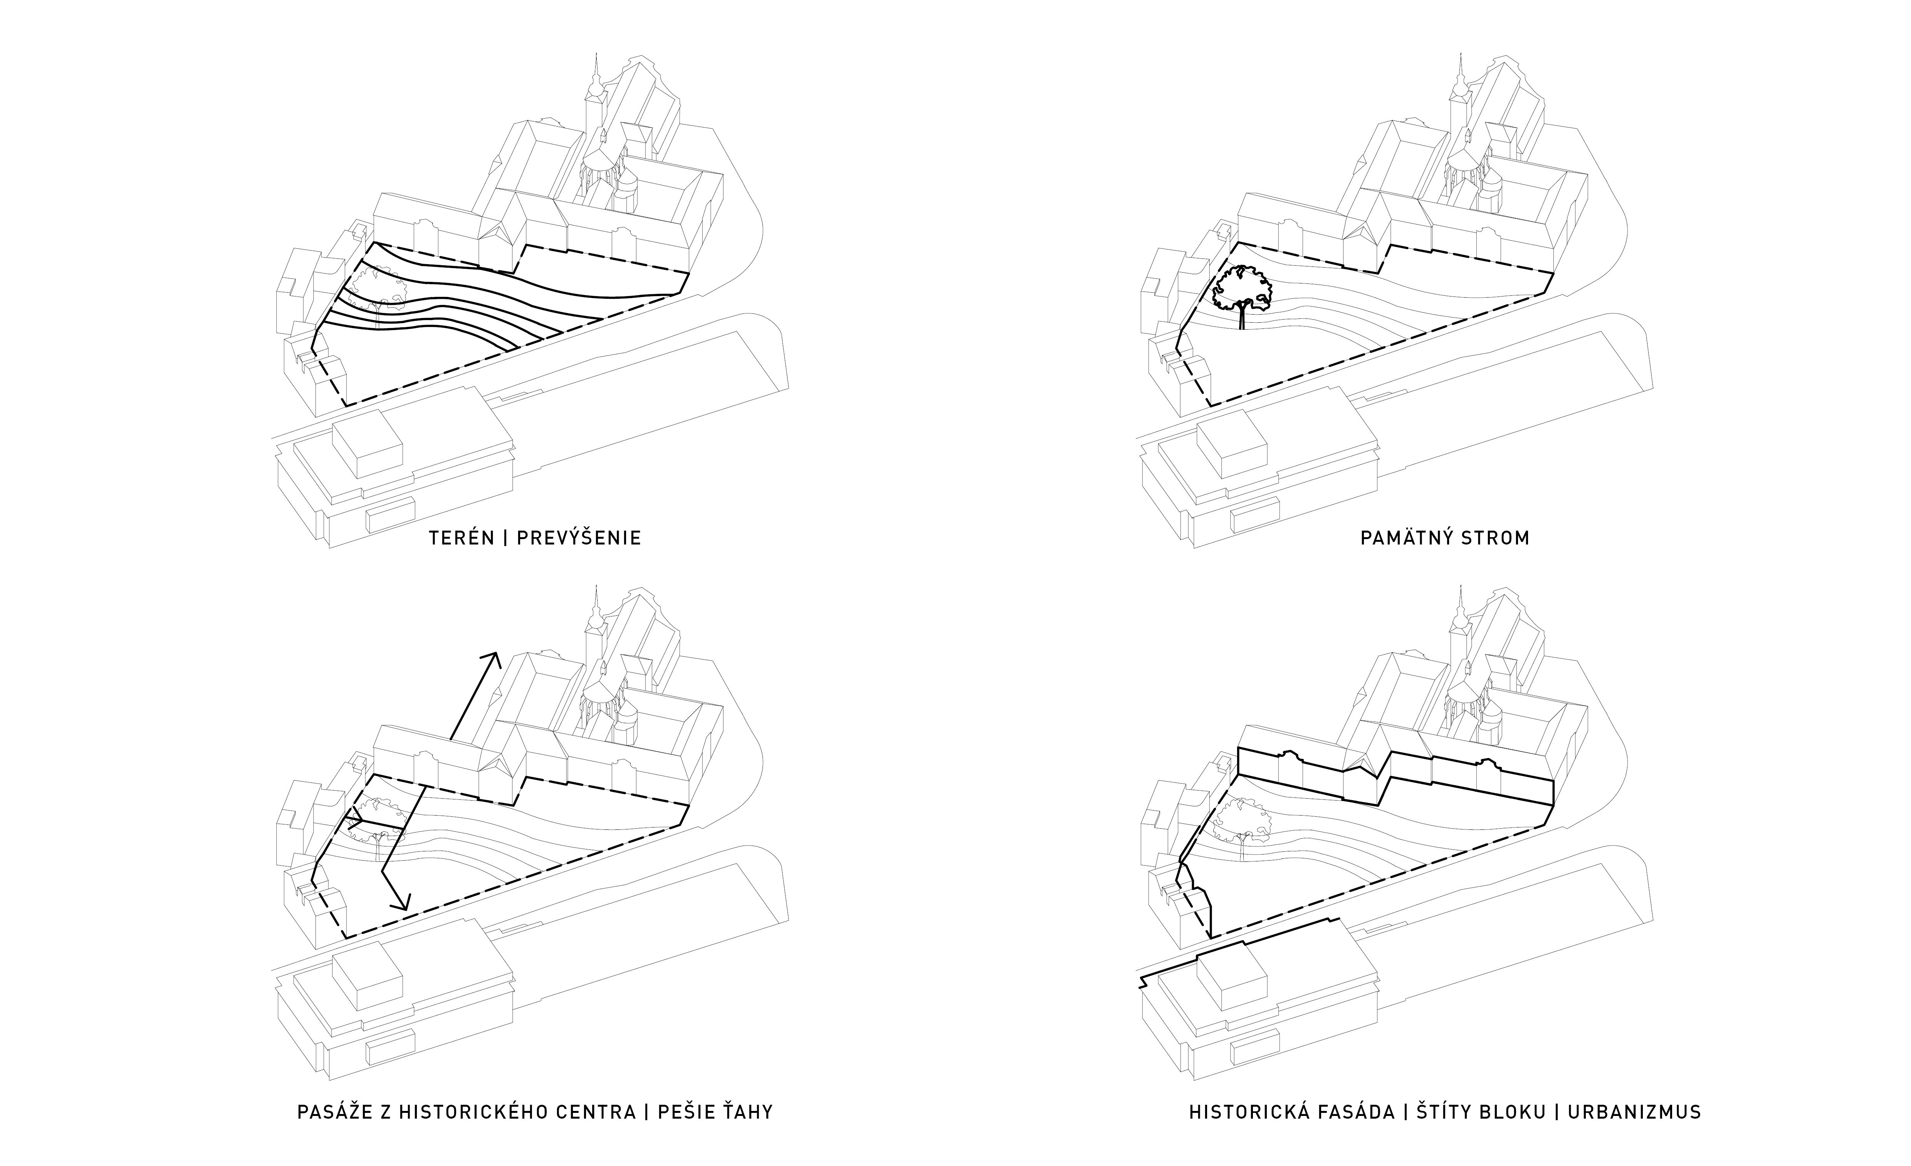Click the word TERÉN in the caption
click(x=462, y=538)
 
